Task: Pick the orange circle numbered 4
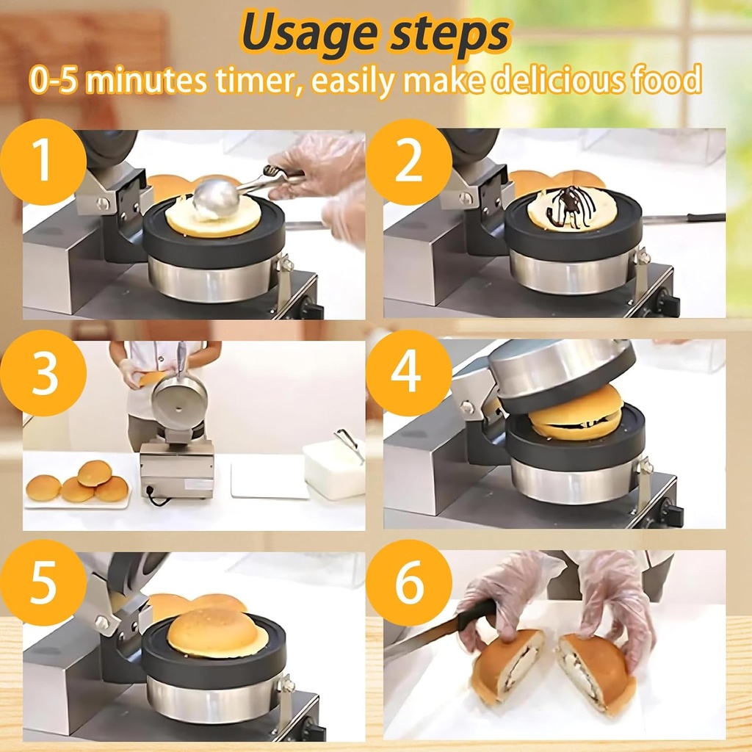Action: pyautogui.click(x=409, y=372)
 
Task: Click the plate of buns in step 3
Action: pyautogui.click(x=78, y=484)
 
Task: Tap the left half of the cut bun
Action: pyautogui.click(x=507, y=665)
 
